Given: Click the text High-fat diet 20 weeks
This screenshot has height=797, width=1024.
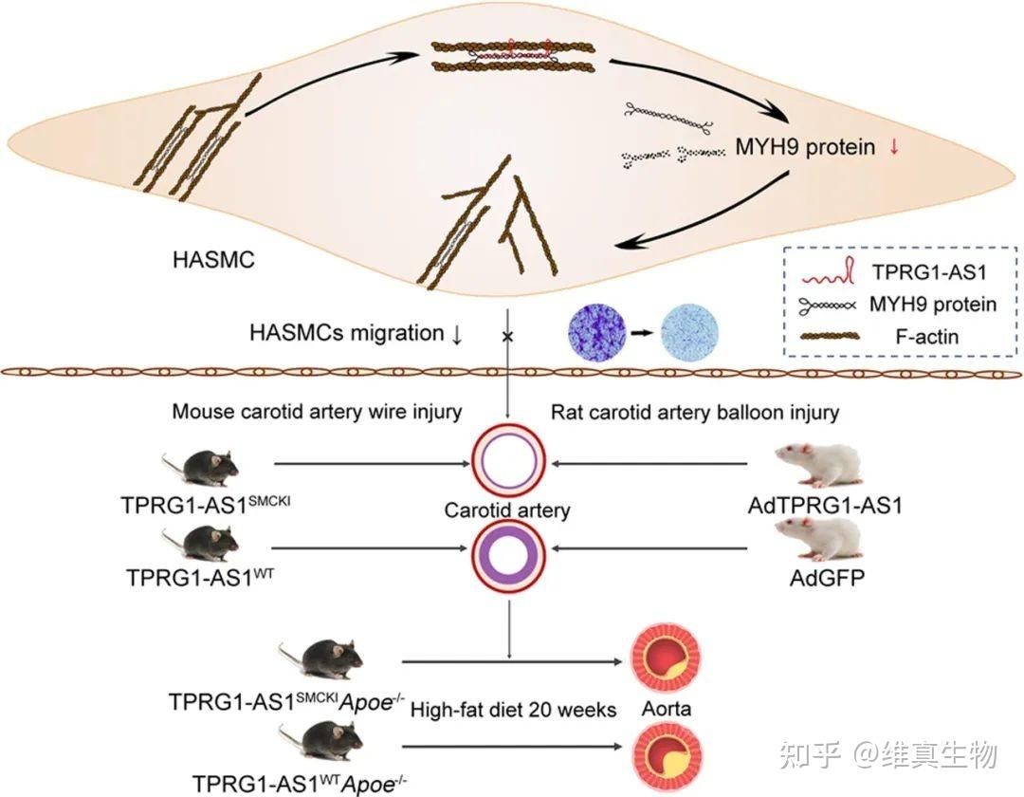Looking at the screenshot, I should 514,710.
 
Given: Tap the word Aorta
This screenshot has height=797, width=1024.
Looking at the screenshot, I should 665,709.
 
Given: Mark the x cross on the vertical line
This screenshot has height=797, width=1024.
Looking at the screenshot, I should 508,336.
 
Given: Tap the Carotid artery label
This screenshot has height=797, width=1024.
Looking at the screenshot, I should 507,510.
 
